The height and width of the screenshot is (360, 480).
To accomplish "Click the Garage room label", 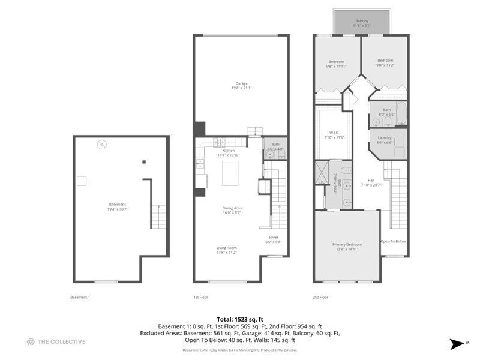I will [x=240, y=86].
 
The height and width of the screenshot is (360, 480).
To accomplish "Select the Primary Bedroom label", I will [x=347, y=247].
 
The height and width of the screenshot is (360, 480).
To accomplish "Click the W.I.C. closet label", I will [x=334, y=135].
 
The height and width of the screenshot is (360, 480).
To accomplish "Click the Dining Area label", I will [x=231, y=210].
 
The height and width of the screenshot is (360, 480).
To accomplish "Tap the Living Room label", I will [x=227, y=250].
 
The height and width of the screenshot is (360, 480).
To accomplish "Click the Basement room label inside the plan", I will [x=118, y=206].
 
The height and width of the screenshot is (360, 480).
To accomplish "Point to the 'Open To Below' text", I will [x=393, y=241].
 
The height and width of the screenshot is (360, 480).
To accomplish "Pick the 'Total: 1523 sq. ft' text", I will [x=240, y=319].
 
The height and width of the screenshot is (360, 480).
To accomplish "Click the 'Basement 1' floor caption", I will [x=80, y=297].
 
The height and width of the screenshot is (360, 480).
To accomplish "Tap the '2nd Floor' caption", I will [x=320, y=297].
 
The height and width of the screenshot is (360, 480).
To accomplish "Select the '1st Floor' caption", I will [x=200, y=297].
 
